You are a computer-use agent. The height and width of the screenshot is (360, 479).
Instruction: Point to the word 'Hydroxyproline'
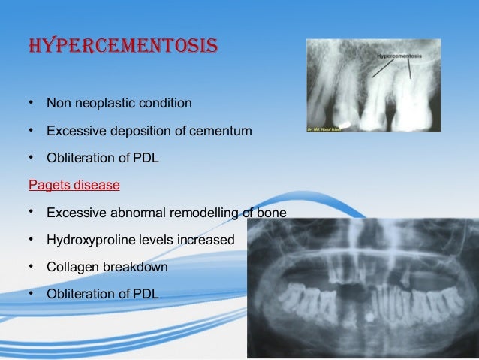pyautogui.click(x=86, y=240)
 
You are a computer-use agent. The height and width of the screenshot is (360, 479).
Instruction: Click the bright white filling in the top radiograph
pyautogui.click(x=342, y=119)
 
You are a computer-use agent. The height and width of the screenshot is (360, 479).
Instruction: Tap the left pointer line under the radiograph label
pyautogui.click(x=383, y=68)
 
